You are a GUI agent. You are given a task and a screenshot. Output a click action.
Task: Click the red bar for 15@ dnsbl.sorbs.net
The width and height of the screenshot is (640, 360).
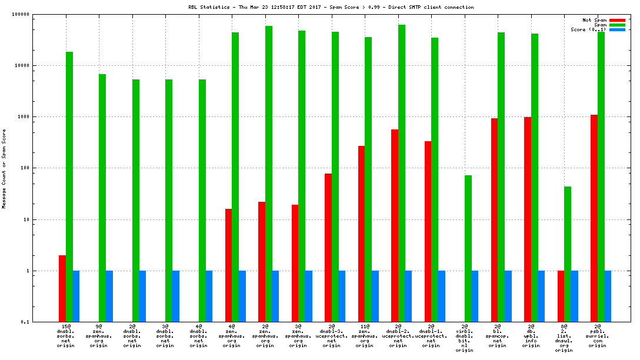[x=62, y=288]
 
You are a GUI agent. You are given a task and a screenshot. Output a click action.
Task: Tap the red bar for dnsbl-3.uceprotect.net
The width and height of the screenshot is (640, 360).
[x=328, y=248]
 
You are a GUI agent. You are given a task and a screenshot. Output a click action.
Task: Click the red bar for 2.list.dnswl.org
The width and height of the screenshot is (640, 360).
[x=561, y=296]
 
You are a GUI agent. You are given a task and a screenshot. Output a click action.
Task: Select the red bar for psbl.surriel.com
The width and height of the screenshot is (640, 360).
[x=594, y=218]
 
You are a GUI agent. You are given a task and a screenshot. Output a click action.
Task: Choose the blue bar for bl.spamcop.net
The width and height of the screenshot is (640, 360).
[x=508, y=296]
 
